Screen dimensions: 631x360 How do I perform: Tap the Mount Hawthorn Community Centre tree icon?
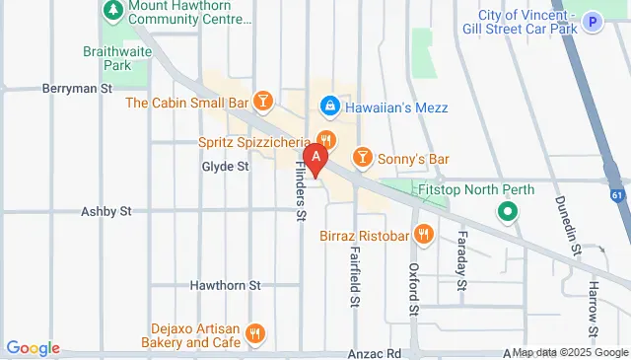tap(111, 12)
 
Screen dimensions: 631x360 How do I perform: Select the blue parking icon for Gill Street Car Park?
tap(592, 21)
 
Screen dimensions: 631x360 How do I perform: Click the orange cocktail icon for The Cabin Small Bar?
tap(262, 101)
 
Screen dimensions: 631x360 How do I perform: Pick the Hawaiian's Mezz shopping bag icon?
tap(329, 105)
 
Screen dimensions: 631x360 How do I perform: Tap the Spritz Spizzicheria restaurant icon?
tap(326, 141)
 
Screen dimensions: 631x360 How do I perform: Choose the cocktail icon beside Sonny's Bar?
tap(362, 158)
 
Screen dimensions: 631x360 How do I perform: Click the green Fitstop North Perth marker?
tap(508, 211)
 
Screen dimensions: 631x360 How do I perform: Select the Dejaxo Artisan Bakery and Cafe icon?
tap(255, 333)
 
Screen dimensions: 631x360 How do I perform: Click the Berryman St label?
tap(77, 89)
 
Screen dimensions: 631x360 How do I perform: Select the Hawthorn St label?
tap(225, 285)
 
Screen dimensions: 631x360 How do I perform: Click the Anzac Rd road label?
tap(373, 352)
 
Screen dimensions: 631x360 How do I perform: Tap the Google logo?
tap(33, 348)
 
